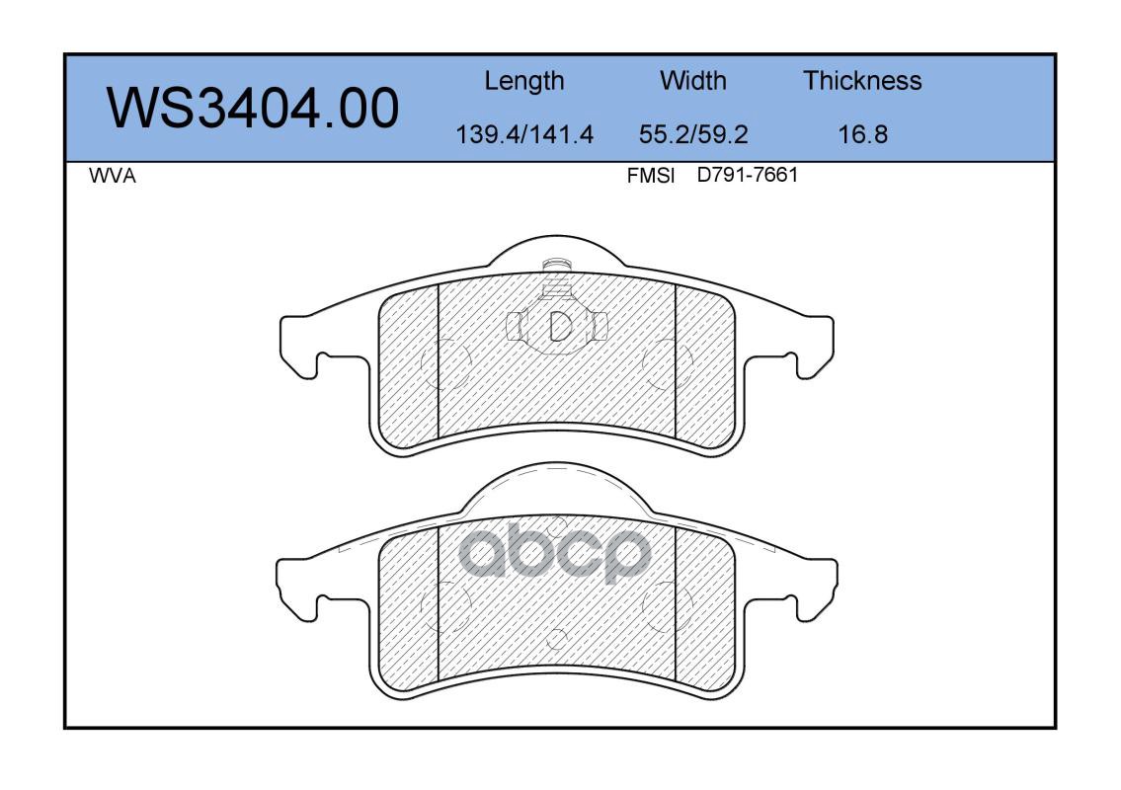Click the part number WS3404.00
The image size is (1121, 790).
click(253, 109)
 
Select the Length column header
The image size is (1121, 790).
click(524, 81)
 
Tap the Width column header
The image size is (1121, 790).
click(692, 80)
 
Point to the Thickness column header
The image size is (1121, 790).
click(862, 80)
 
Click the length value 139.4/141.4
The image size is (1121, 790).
click(524, 133)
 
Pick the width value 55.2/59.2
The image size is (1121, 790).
click(692, 133)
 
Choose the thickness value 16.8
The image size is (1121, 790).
click(862, 133)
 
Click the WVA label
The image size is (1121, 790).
click(113, 176)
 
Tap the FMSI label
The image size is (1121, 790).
click(651, 176)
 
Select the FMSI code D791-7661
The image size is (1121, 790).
click(747, 175)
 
